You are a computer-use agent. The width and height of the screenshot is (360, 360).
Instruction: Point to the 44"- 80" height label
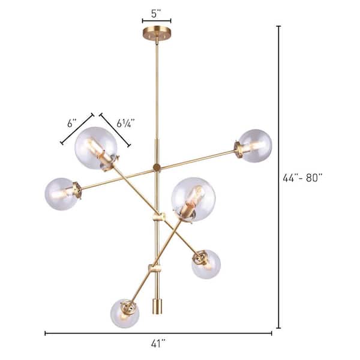pos(302,178)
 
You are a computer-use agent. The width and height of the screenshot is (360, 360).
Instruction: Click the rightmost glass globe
pos(254,146)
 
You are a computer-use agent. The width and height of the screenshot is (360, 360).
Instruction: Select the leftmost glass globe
pos(62,194)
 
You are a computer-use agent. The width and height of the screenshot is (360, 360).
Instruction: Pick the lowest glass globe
pos(126,313)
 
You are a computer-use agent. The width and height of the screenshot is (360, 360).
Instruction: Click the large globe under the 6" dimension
pos(95,148)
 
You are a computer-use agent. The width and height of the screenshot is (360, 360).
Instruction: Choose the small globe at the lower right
pos(206,264)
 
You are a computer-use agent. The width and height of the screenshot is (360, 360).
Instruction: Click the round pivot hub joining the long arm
pos(157,167)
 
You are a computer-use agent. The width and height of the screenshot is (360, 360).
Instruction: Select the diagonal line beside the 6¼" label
pos(115,129)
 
